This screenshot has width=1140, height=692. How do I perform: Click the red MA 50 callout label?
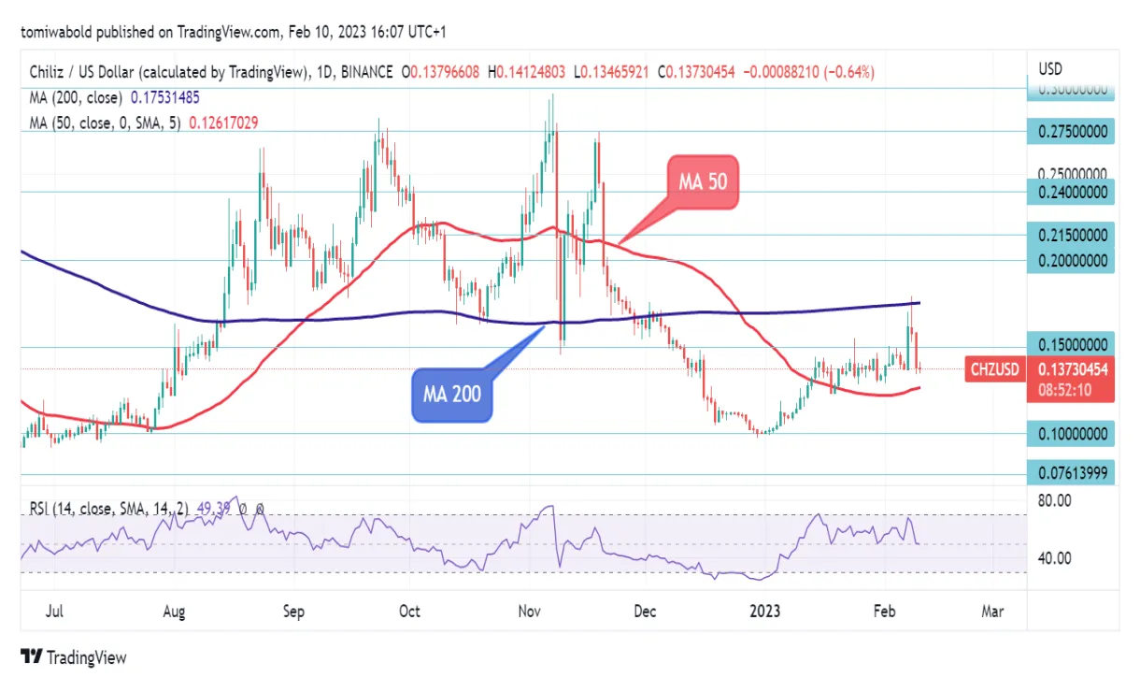703,182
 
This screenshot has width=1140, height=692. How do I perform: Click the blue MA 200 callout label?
452,394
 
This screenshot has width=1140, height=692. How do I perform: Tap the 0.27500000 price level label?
1075,132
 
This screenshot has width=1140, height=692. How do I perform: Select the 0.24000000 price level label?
1075,192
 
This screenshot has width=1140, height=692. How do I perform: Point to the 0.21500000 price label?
1075,236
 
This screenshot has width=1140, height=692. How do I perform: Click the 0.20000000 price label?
1075,261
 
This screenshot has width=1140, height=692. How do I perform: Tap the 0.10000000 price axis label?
1075,434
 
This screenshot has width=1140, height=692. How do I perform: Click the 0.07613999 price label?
1075,473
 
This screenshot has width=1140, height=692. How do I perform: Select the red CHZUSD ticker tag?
994,369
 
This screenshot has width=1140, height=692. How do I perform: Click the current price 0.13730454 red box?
1075,369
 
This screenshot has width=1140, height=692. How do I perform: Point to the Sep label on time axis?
293,612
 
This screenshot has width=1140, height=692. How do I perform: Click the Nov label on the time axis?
530,612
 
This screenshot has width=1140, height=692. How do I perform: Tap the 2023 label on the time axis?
765,612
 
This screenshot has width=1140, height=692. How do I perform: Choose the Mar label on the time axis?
992,612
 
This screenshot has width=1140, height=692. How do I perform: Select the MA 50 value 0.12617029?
224,122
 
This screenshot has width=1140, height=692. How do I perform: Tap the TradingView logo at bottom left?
73,657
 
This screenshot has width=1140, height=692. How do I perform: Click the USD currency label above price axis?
1051,69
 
